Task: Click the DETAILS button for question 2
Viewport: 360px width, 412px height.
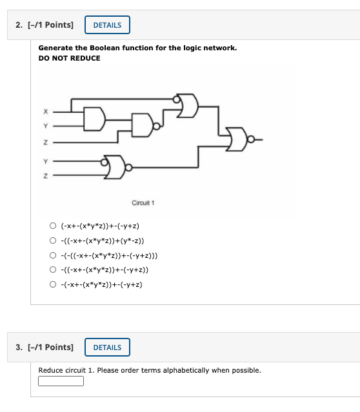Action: pos(107,25)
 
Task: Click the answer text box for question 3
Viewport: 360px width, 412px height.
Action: pos(61,381)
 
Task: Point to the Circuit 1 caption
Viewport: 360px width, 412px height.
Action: pos(143,203)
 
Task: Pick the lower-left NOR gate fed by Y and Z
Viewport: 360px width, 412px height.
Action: pos(116,167)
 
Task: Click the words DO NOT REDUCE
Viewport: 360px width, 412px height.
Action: pos(69,58)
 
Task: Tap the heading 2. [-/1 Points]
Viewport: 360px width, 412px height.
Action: pos(45,25)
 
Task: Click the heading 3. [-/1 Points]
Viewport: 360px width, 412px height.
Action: pos(45,348)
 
